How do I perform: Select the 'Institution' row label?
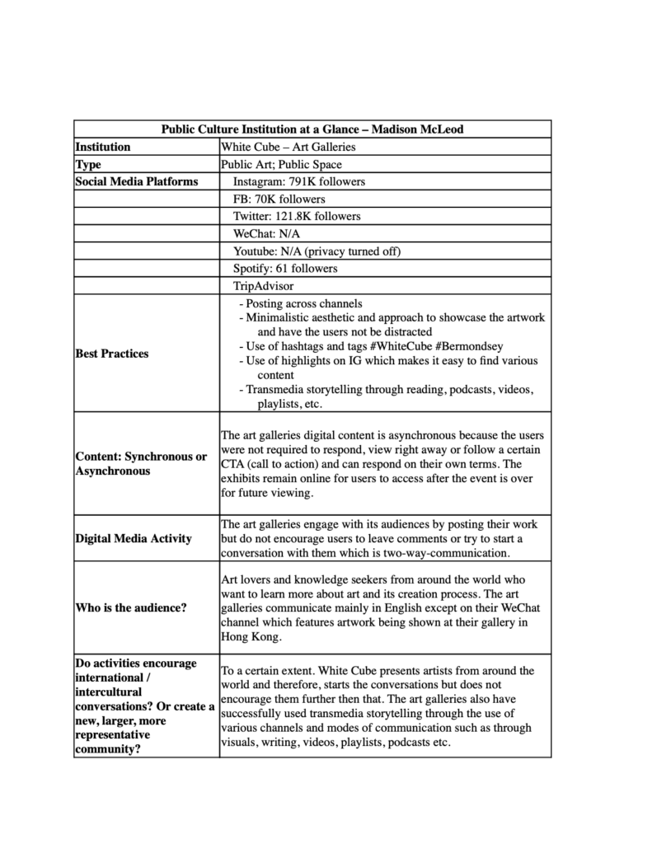tap(103, 147)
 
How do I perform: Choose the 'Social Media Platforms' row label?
tap(136, 181)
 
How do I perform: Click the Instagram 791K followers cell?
tap(298, 181)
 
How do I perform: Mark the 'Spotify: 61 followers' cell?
tap(285, 268)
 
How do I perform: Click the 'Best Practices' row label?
tap(112, 354)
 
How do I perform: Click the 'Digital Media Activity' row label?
tap(133, 538)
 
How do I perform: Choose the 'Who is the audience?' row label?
tap(130, 608)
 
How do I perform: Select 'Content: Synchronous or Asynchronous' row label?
tap(140, 463)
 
